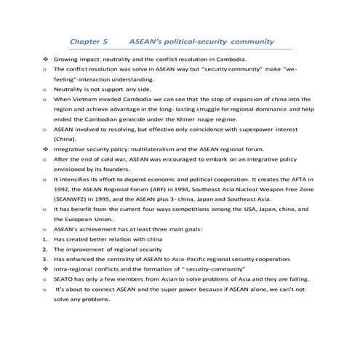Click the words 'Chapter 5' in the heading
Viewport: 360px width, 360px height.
pos(88,43)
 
